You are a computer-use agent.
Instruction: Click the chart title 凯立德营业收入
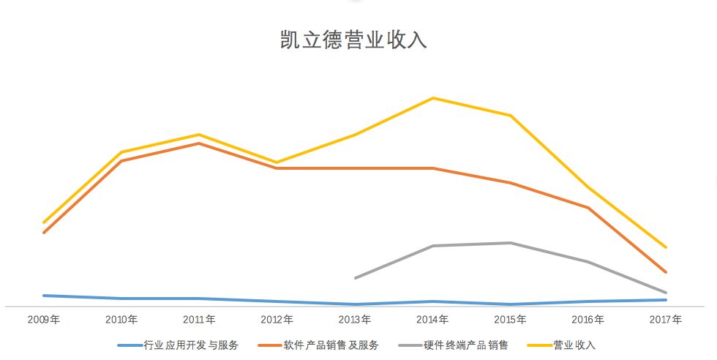pyautogui.click(x=353, y=40)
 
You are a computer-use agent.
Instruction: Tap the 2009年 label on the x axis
pyautogui.click(x=44, y=320)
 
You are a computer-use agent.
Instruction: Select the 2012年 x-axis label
pyautogui.click(x=277, y=320)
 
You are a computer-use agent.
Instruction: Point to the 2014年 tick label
pyautogui.click(x=432, y=320)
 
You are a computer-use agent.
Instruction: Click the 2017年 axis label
pyautogui.click(x=666, y=320)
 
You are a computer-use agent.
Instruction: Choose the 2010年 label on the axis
pyautogui.click(x=121, y=320)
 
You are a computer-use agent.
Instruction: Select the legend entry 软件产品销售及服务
pyautogui.click(x=331, y=345)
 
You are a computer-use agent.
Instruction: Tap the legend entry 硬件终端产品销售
pyautogui.click(x=465, y=345)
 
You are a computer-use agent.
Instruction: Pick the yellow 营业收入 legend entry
pyautogui.click(x=574, y=345)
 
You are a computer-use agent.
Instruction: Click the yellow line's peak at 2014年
pyautogui.click(x=433, y=98)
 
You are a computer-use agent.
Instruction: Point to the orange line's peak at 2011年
pyautogui.click(x=199, y=143)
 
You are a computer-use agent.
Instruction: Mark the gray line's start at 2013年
pyautogui.click(x=355, y=278)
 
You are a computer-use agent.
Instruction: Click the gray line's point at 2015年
pyautogui.click(x=511, y=243)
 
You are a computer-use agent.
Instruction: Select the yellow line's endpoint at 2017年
pyautogui.click(x=666, y=247)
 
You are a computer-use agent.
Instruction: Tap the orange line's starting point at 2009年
pyautogui.click(x=44, y=233)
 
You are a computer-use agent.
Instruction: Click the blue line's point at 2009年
pyautogui.click(x=44, y=296)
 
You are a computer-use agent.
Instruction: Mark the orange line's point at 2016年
pyautogui.click(x=588, y=208)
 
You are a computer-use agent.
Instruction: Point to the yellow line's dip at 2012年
pyautogui.click(x=277, y=162)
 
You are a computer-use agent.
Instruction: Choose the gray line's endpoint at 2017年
pyautogui.click(x=666, y=293)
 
